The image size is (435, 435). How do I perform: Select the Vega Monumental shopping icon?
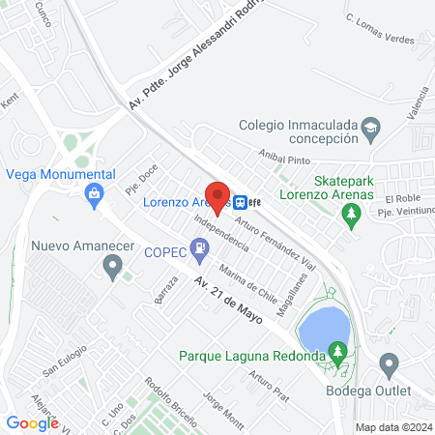coord(94,194)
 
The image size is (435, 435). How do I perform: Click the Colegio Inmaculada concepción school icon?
coord(370,127)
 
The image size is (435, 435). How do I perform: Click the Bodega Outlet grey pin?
coord(389,365)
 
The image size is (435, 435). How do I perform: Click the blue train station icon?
coord(238,202)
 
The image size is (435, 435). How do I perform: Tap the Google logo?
coord(32,422)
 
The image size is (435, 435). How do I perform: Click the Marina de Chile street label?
coord(248,280)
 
